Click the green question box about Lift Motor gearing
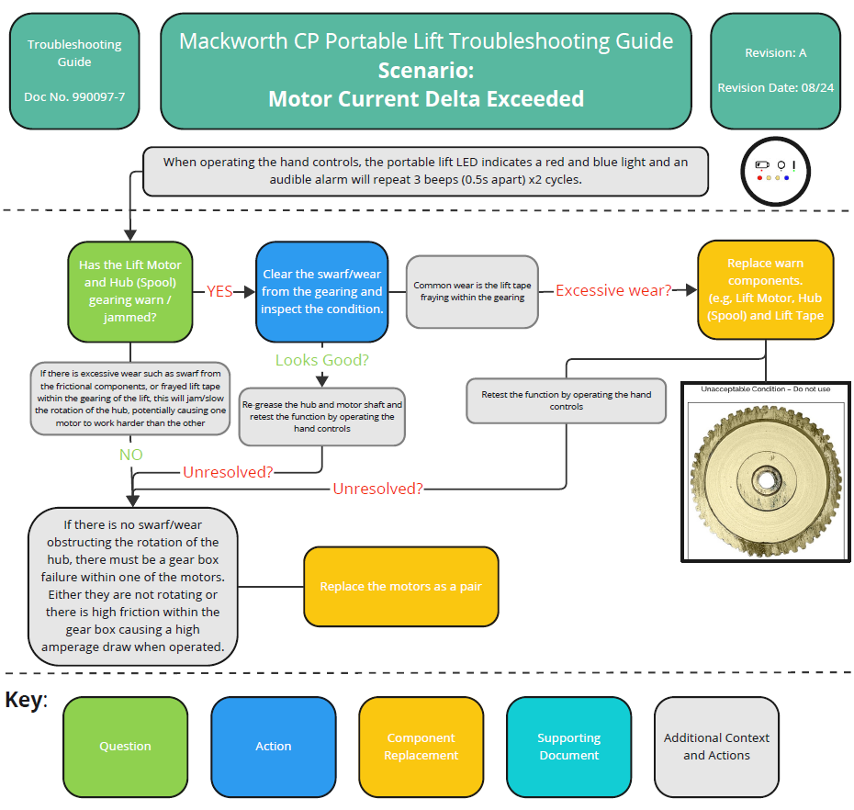pyautogui.click(x=129, y=290)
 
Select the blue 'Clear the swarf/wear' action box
pyautogui.click(x=321, y=291)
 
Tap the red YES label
pyautogui.click(x=219, y=291)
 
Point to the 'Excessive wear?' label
pyautogui.click(x=612, y=290)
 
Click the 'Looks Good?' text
pyautogui.click(x=321, y=360)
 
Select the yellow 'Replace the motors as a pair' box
pyautogui.click(x=400, y=586)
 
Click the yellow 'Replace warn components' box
pyautogui.click(x=765, y=289)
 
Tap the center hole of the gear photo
pyautogui.click(x=764, y=478)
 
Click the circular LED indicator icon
pyautogui.click(x=774, y=171)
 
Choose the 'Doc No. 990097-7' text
pyautogui.click(x=74, y=96)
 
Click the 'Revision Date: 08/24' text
pyautogui.click(x=775, y=88)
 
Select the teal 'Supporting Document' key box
pyautogui.click(x=568, y=747)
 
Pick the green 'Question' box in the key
pyautogui.click(x=125, y=747)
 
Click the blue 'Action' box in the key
pyautogui.click(x=273, y=747)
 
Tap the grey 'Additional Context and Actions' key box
pyautogui.click(x=716, y=747)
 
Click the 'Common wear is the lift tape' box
pyautogui.click(x=472, y=291)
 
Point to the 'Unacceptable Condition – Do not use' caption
pyautogui.click(x=765, y=388)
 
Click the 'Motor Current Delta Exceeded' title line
pyautogui.click(x=425, y=98)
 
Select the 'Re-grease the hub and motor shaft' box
pyautogui.click(x=321, y=416)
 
